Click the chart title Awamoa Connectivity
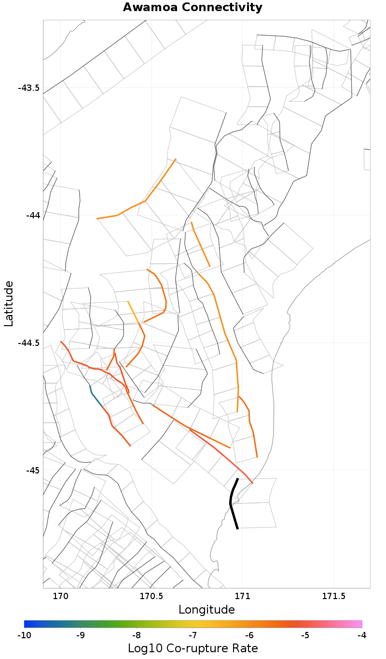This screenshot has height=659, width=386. click(x=193, y=8)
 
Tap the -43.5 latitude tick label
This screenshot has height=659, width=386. click(x=28, y=88)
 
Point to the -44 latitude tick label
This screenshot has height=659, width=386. click(x=32, y=215)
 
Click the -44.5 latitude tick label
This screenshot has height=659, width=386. click(x=28, y=343)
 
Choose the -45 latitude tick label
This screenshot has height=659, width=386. click(x=32, y=470)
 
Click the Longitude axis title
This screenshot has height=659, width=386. click(x=207, y=610)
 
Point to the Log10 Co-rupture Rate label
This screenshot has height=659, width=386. click(x=193, y=648)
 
